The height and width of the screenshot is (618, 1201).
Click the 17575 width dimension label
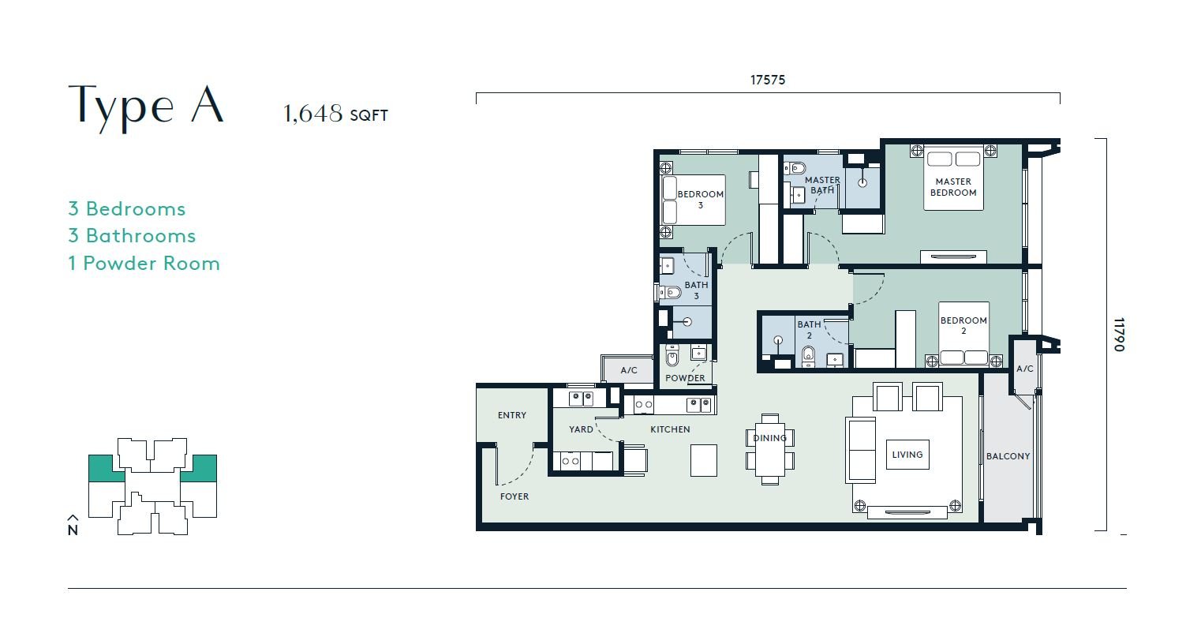pyautogui.click(x=767, y=80)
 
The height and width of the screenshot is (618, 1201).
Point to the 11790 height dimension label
pyautogui.click(x=1119, y=335)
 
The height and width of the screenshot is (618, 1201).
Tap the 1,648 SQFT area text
pyautogui.click(x=335, y=114)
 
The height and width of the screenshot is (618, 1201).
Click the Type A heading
pyautogui.click(x=146, y=107)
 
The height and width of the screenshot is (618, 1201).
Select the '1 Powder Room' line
pyautogui.click(x=144, y=264)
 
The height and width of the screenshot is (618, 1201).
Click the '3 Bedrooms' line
pyautogui.click(x=127, y=208)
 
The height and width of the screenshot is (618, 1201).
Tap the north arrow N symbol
pyautogui.click(x=73, y=525)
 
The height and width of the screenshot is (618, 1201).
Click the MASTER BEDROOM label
pyautogui.click(x=953, y=187)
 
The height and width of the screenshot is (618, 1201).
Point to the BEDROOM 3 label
pyautogui.click(x=700, y=200)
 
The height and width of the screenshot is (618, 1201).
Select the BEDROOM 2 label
pyautogui.click(x=963, y=326)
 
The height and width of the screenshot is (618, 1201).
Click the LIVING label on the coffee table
pyautogui.click(x=907, y=455)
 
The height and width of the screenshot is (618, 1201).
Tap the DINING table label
pyautogui.click(x=769, y=438)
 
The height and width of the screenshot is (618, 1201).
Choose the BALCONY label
pyautogui.click(x=1008, y=456)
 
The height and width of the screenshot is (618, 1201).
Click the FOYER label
pyautogui.click(x=514, y=496)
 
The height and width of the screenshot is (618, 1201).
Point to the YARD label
pyautogui.click(x=581, y=429)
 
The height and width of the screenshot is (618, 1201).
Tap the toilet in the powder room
pyautogui.click(x=672, y=354)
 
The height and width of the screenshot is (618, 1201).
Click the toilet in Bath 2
pyautogui.click(x=808, y=356)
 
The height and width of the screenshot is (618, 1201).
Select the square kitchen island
pyautogui.click(x=703, y=460)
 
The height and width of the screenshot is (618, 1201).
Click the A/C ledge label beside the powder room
pyautogui.click(x=629, y=370)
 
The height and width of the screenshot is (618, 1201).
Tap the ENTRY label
pyautogui.click(x=512, y=415)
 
